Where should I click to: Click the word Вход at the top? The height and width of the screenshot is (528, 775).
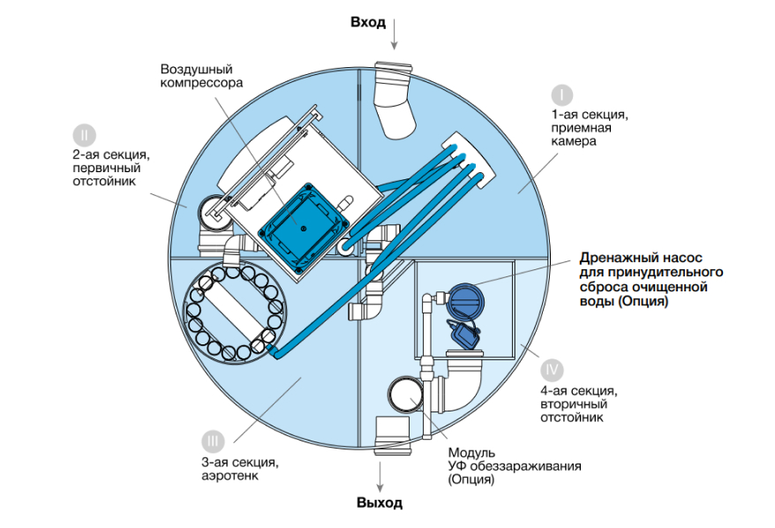368,22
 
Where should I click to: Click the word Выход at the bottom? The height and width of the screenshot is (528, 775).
380,503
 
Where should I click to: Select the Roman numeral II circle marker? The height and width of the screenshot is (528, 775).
81,134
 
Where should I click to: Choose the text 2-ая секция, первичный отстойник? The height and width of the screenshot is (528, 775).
109,168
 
